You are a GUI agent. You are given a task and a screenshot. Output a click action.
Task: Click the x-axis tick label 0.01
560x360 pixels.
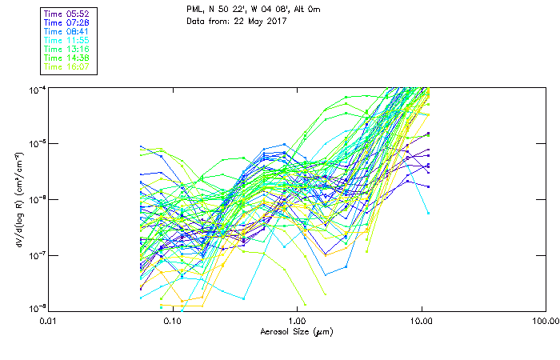48,321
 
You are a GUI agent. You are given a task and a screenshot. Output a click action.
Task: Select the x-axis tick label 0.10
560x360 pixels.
172,321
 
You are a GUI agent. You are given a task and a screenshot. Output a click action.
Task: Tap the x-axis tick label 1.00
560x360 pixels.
297,321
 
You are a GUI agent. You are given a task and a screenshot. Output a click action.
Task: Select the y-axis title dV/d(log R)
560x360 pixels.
18,198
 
